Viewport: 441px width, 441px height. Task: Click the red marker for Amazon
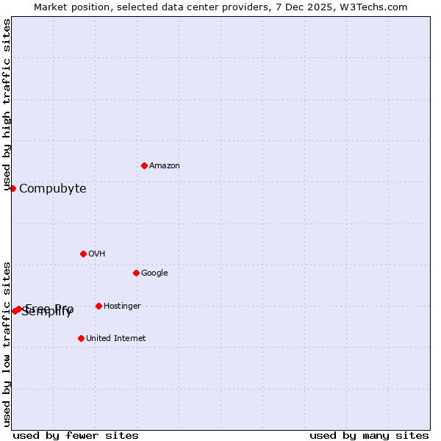tap(144, 165)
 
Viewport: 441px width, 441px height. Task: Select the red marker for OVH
tap(83, 254)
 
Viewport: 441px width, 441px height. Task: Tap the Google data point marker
tap(136, 273)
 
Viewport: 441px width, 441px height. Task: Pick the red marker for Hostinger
tap(98, 306)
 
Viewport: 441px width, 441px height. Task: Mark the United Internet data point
tap(81, 338)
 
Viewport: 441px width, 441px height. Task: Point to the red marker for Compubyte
tap(12, 188)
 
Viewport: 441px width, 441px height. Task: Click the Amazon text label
tap(165, 166)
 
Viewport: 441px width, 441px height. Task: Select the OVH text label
tap(97, 254)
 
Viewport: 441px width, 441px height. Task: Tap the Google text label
tap(154, 273)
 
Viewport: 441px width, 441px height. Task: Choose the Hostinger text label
tap(122, 306)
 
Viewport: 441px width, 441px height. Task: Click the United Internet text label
tap(115, 339)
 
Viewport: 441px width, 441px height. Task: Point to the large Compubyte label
tap(53, 189)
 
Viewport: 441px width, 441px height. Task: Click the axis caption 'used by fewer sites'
tap(76, 436)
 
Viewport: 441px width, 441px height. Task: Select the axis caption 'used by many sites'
tap(369, 436)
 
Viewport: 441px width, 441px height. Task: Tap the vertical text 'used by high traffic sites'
tap(7, 105)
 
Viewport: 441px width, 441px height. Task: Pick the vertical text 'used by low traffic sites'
tap(7, 343)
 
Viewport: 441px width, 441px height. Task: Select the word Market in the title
tap(50, 7)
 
